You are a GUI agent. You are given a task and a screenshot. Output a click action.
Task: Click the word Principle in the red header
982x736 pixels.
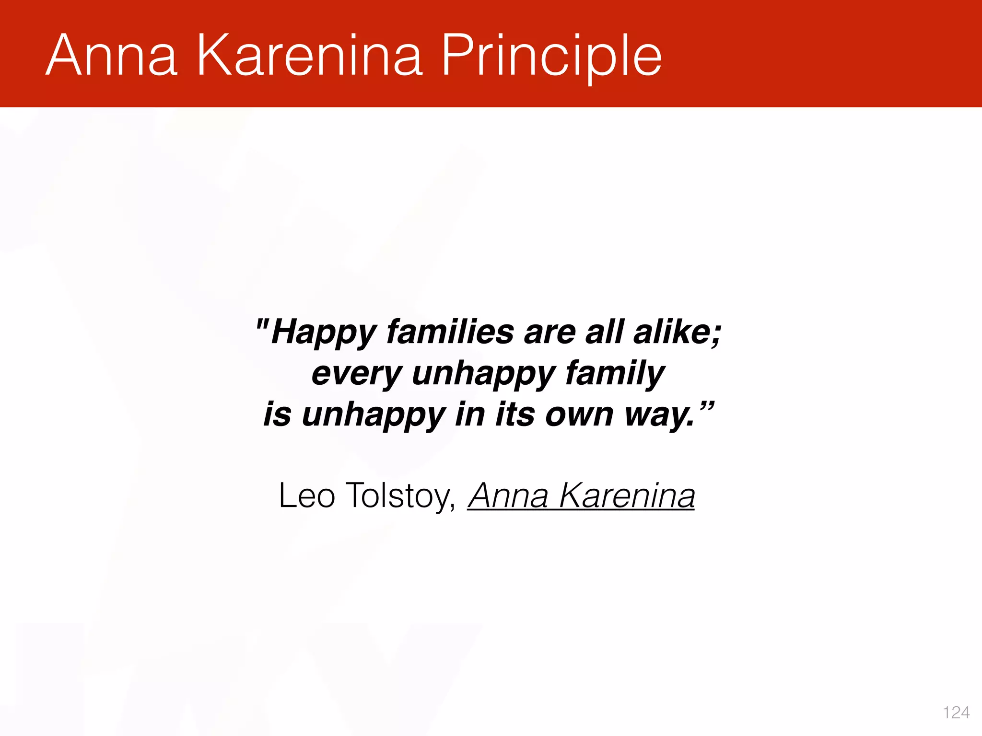(551, 57)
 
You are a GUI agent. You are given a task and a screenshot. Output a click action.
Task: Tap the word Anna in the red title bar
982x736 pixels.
(111, 56)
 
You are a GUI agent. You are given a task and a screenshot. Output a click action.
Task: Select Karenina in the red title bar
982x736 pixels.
(309, 56)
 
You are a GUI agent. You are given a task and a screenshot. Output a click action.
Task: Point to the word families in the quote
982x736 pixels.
(450, 332)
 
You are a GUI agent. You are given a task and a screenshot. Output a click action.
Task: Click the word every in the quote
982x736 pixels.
(356, 374)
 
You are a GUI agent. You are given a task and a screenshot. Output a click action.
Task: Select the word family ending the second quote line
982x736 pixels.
(615, 374)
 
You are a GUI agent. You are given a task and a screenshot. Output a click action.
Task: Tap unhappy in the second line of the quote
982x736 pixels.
(483, 374)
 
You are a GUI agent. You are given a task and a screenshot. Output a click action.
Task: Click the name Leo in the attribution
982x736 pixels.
(306, 495)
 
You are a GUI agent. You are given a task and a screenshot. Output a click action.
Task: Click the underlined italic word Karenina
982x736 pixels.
(627, 495)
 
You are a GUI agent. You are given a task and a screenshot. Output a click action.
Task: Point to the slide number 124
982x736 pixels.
(956, 713)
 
